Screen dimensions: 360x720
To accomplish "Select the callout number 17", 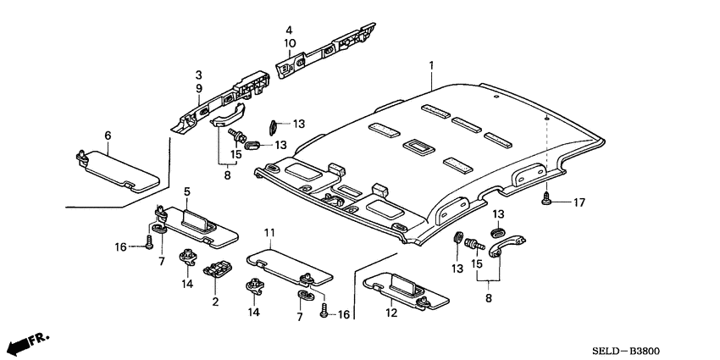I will tap(579, 202).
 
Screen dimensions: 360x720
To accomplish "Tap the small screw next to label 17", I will tap(547, 200).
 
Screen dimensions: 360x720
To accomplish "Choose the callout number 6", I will tap(108, 136).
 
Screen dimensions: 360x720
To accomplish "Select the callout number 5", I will tap(188, 191).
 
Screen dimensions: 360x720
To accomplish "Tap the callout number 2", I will tap(215, 302).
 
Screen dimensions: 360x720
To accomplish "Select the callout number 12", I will tap(391, 313).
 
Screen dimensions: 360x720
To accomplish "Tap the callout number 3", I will tap(198, 75).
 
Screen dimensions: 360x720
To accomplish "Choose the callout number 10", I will tap(289, 42).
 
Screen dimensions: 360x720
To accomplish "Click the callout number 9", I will tap(198, 87).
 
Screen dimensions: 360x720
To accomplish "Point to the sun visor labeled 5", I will tap(199, 224).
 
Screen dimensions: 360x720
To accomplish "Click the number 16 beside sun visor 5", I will tap(121, 246).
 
